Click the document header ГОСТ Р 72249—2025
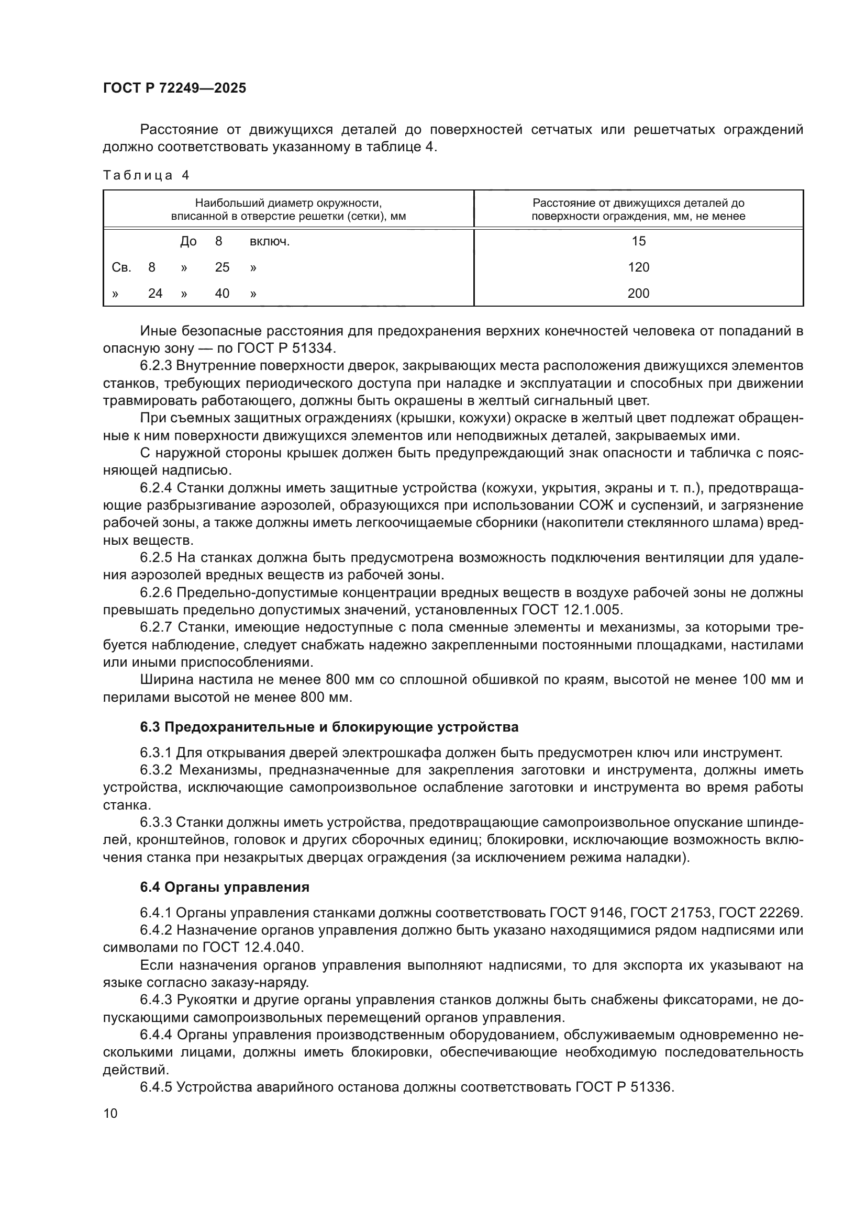coord(174,88)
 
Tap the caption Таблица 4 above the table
coord(146,175)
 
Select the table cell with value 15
coord(638,241)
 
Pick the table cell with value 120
coord(638,267)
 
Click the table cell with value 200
coord(638,293)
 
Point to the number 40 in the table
coord(222,293)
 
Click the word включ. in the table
coord(269,241)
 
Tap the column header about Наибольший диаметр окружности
coord(288,209)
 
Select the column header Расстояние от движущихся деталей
coord(638,209)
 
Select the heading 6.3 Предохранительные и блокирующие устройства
coord(329,727)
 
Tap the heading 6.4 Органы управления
coord(225,887)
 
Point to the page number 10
coord(110,1113)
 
